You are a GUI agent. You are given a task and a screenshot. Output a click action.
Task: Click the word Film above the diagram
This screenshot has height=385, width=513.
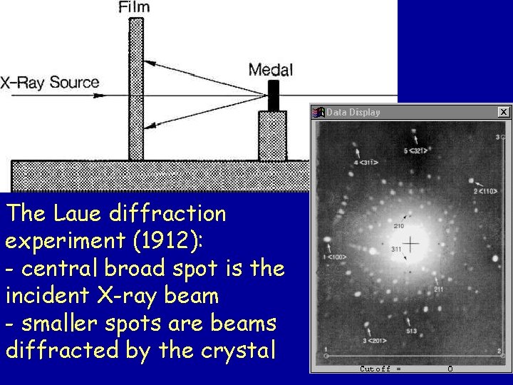click(134, 8)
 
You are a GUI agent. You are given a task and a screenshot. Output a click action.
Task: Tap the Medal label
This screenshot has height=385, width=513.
click(270, 70)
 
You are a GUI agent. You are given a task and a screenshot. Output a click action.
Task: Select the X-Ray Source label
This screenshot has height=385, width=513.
click(50, 83)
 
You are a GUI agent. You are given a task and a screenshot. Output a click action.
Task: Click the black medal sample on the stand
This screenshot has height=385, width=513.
click(273, 96)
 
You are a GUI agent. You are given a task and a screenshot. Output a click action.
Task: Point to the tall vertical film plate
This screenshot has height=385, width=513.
click(135, 89)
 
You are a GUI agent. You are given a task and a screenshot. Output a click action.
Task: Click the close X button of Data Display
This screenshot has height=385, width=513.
click(504, 112)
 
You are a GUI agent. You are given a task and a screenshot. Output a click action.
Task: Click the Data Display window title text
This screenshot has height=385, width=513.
click(353, 112)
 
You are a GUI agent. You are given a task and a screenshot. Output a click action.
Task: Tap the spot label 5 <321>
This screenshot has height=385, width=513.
click(416, 151)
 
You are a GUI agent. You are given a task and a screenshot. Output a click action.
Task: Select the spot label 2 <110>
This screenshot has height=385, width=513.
click(485, 191)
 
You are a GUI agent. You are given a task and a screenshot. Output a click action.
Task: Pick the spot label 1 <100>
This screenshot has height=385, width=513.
click(334, 256)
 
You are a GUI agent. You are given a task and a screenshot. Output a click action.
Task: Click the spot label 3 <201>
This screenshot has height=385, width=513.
click(374, 341)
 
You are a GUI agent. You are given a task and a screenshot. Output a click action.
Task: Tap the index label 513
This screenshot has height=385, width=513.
click(412, 331)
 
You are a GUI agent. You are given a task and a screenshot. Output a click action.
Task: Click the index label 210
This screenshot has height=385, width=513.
click(399, 226)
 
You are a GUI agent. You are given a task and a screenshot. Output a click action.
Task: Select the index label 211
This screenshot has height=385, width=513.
click(438, 289)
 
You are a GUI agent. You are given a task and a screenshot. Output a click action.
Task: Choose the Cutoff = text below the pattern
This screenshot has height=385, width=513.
click(380, 369)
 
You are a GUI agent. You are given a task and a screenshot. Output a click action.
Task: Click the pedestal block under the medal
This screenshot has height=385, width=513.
click(272, 135)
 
